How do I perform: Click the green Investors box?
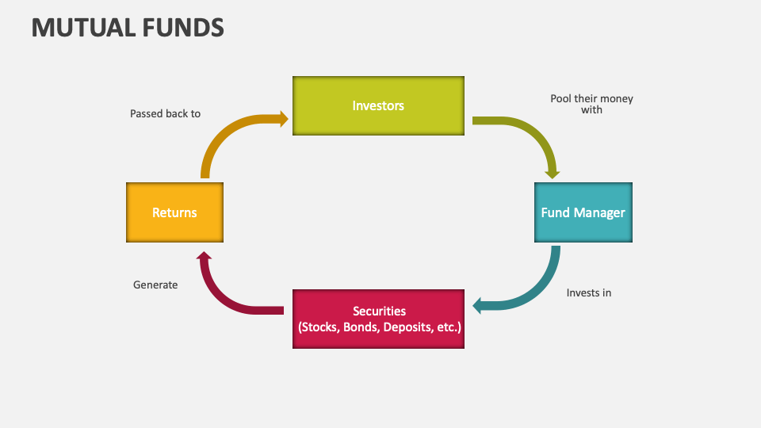pyautogui.click(x=378, y=105)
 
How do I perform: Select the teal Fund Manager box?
pyautogui.click(x=583, y=212)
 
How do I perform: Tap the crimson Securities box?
pyautogui.click(x=378, y=319)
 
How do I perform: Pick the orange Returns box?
pyautogui.click(x=174, y=212)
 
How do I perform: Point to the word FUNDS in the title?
pyautogui.click(x=183, y=28)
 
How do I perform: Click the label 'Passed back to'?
pyautogui.click(x=165, y=113)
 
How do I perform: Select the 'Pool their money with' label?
pyautogui.click(x=591, y=104)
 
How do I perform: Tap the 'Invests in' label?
pyautogui.click(x=588, y=292)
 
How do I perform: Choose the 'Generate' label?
pyautogui.click(x=155, y=285)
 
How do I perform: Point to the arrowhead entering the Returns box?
pyautogui.click(x=204, y=256)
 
